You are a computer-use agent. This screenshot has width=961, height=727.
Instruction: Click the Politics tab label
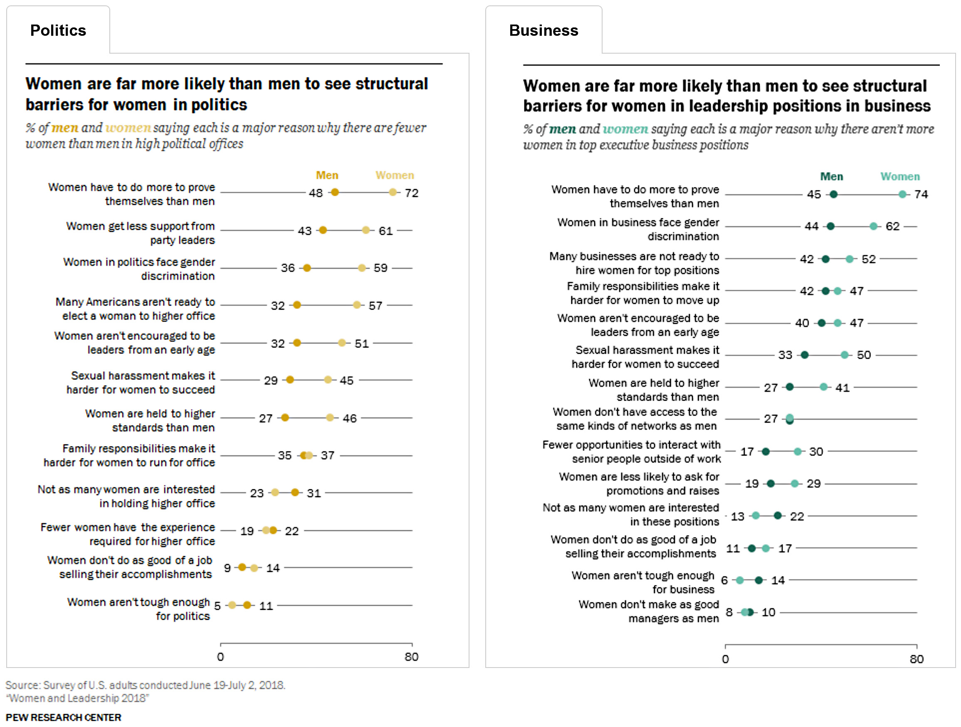tap(58, 30)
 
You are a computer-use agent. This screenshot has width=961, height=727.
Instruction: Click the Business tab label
tap(543, 30)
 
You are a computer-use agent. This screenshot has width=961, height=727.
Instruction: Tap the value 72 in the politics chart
tap(411, 193)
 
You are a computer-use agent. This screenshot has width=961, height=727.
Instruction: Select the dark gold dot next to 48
tap(334, 192)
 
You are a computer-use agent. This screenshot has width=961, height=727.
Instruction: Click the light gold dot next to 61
tap(366, 230)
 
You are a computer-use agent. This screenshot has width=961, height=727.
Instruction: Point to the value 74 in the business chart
tap(921, 194)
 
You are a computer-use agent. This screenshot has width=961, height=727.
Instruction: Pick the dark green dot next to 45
tap(833, 194)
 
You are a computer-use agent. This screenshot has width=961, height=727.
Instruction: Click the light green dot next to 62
tap(873, 226)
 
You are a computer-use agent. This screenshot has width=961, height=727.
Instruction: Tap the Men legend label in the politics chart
tap(327, 175)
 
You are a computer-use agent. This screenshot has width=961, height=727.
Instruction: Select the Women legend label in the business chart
tap(900, 176)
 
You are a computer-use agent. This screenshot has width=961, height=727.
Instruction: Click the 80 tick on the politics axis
tap(411, 657)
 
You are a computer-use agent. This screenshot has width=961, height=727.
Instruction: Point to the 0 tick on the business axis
tap(725, 659)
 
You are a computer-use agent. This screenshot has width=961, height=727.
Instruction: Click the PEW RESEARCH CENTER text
tap(64, 717)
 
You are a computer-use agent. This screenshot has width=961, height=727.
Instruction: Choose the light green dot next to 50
tap(844, 355)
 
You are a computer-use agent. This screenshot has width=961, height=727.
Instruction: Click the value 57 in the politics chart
tap(376, 306)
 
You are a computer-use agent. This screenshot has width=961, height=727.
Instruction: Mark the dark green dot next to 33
tap(804, 355)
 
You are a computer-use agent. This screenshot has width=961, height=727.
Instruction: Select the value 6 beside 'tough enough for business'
tap(724, 580)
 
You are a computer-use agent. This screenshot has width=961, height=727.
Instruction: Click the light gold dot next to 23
tap(274, 493)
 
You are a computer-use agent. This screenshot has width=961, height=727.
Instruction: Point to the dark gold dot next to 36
tap(307, 268)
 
